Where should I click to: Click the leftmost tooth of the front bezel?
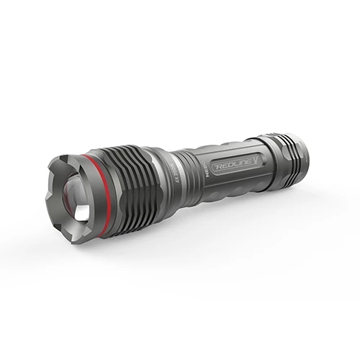(x=50, y=194)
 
